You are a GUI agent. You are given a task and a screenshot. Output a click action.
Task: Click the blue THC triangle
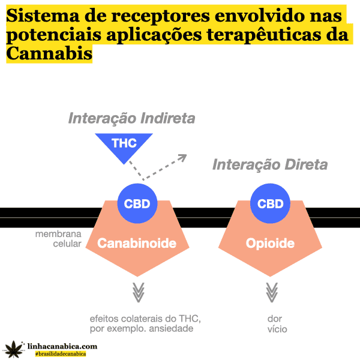coord(124,145)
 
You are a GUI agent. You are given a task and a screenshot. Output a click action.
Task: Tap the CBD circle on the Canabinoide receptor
coord(137,203)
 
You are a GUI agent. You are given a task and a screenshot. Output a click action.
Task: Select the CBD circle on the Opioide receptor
coord(270,203)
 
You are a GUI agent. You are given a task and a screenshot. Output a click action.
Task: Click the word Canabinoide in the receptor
coord(137,244)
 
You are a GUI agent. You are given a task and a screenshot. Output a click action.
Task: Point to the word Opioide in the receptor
coord(270,244)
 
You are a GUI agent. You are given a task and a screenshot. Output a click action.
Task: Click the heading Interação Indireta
coord(131,118)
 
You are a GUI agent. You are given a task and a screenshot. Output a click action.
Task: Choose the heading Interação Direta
coord(270,164)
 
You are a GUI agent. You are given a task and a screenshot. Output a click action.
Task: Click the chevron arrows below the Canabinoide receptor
coord(138,293)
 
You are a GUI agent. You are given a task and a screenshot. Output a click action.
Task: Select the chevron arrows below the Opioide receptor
coord(271,293)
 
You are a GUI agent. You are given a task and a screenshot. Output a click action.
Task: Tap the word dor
coord(275,318)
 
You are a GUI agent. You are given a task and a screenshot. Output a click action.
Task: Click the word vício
coord(277,329)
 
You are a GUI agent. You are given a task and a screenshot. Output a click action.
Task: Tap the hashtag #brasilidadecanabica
coord(61,354)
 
